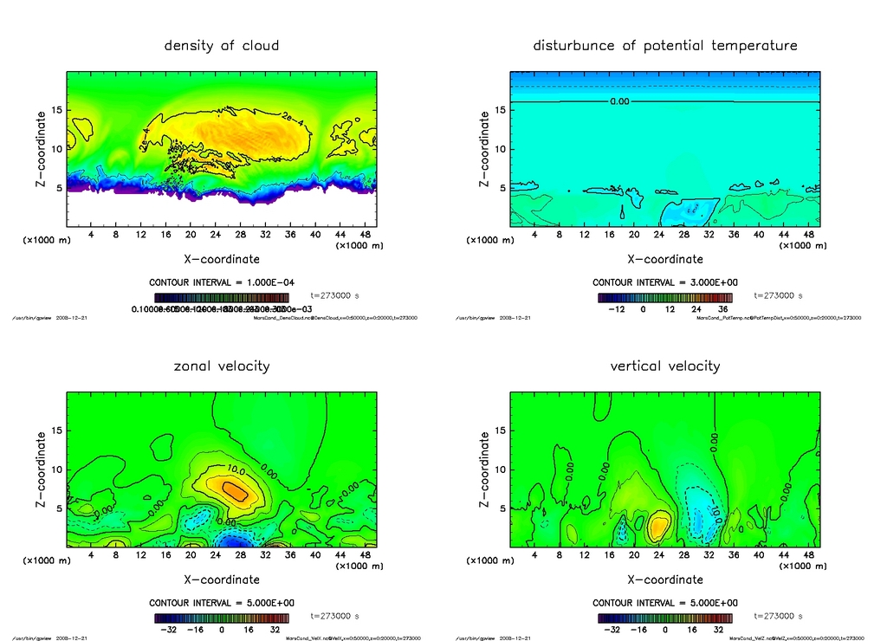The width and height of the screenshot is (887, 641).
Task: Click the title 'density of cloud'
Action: pos(222,45)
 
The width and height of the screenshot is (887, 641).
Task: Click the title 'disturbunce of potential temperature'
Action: pos(665,45)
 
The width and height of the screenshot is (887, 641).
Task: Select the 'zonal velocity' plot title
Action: pos(222,366)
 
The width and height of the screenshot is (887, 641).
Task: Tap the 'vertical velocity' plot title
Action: pos(665,366)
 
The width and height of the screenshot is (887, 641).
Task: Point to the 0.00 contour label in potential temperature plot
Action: pos(619,101)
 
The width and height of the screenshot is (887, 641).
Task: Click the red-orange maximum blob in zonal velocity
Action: pos(236,490)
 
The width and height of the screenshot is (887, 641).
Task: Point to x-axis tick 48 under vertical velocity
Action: pos(808,554)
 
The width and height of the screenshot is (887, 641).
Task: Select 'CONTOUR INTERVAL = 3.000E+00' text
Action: pos(664,282)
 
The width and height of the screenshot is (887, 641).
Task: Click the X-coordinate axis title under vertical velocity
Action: pos(665,579)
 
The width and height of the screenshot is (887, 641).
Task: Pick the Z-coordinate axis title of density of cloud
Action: pos(41,149)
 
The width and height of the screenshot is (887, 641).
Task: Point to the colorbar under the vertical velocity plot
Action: pos(664,618)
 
